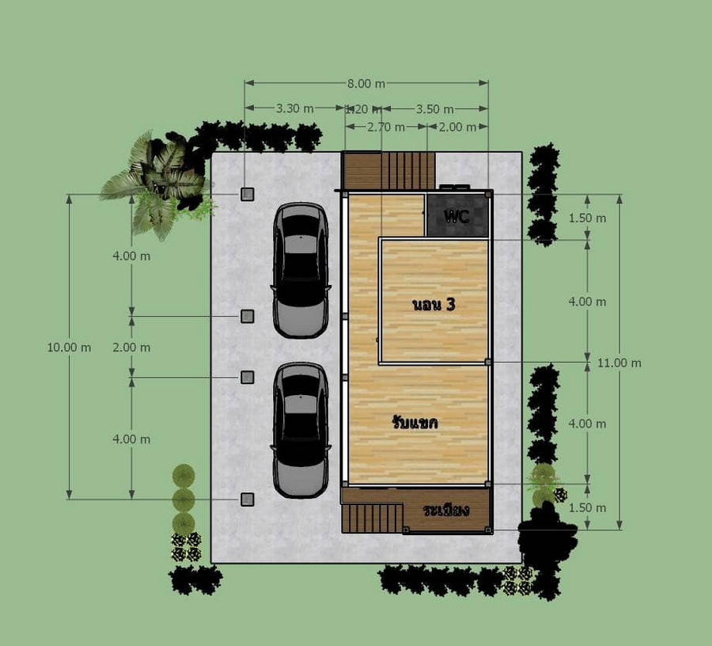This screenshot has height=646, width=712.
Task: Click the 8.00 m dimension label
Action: tap(366, 84)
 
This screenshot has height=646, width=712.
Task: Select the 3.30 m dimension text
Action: tap(295, 108)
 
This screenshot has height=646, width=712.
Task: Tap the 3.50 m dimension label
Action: tap(434, 109)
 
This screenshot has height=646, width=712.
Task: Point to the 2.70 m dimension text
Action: tap(385, 127)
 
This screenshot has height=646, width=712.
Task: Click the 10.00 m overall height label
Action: tap(69, 348)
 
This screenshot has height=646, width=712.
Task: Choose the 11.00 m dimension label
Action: tap(619, 363)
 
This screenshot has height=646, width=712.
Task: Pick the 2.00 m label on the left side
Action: tap(131, 348)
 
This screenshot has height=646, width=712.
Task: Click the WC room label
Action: tap(456, 216)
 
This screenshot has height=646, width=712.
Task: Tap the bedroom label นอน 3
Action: tap(434, 304)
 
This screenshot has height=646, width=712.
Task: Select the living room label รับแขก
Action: tap(415, 423)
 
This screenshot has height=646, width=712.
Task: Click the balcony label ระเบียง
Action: tap(446, 510)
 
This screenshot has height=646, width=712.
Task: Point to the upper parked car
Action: tap(301, 270)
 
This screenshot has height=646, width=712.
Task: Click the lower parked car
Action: tap(301, 430)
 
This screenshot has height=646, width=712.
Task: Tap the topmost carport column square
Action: tap(247, 195)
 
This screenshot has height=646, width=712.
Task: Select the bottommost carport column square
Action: tap(247, 500)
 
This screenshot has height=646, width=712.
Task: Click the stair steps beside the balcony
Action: tap(373, 518)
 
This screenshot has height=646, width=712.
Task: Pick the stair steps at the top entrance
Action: tap(407, 170)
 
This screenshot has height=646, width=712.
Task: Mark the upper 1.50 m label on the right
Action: tap(587, 218)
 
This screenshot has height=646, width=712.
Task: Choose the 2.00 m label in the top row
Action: tap(457, 127)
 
